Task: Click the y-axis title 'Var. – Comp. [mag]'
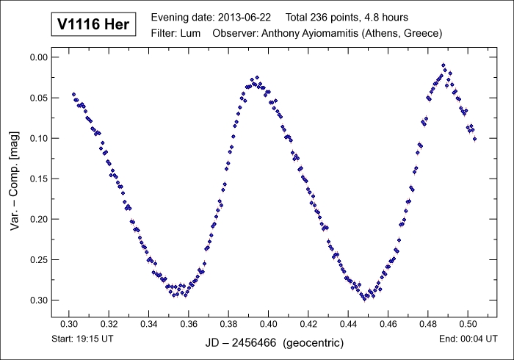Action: coord(15,180)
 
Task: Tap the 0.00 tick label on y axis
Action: coord(37,57)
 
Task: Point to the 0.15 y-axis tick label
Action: coord(37,179)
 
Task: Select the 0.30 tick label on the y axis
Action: coord(37,300)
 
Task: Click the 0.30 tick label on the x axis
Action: coord(69,323)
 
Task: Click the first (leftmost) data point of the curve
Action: coord(73,94)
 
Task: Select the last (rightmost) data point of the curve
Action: coord(474,139)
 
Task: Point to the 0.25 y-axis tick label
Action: coord(37,259)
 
